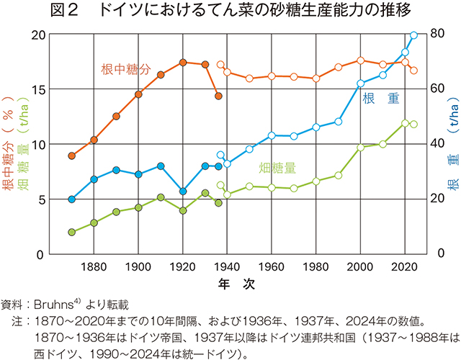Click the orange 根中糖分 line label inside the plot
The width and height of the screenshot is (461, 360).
click(x=125, y=70)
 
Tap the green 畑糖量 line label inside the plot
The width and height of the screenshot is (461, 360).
click(x=277, y=168)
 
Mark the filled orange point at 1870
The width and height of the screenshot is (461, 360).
click(x=71, y=156)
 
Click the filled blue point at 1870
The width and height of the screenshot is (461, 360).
click(x=71, y=199)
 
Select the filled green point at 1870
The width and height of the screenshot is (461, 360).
click(x=71, y=232)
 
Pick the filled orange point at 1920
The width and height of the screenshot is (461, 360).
click(x=183, y=63)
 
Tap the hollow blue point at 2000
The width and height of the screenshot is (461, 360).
click(x=360, y=84)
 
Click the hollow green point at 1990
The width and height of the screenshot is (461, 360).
click(x=338, y=175)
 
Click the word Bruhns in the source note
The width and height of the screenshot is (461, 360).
click(x=51, y=304)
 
